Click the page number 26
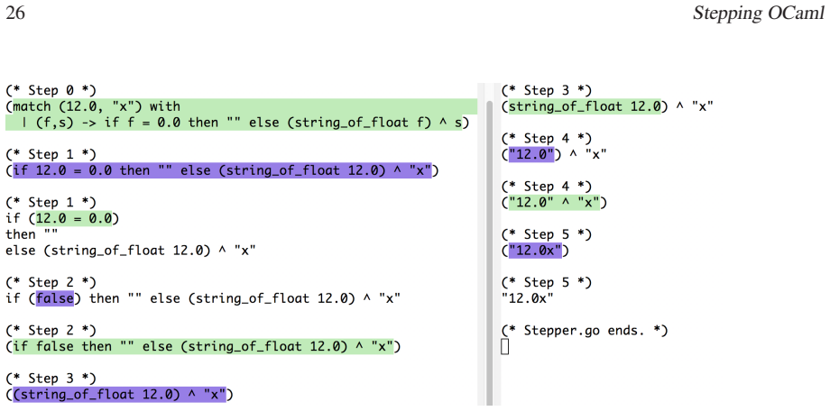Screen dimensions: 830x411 tap(15, 14)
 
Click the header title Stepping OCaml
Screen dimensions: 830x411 tap(759, 14)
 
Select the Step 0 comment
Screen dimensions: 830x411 tap(51, 90)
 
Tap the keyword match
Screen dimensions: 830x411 tap(32, 106)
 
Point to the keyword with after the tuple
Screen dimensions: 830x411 tap(164, 106)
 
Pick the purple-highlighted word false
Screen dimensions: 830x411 tap(54, 299)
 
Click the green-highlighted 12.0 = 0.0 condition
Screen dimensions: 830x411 tap(74, 218)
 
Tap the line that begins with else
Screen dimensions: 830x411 tap(131, 251)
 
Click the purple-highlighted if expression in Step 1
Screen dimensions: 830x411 tap(222, 170)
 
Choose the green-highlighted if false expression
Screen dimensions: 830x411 tap(203, 347)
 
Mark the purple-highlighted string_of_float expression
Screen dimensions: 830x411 tap(120, 395)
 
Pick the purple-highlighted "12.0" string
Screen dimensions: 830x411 tap(531, 154)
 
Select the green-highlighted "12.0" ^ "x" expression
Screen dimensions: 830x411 tap(554, 203)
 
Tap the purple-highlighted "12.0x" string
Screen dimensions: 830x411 tap(535, 251)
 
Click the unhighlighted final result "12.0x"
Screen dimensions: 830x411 tap(528, 299)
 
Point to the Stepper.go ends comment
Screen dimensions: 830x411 tap(585, 331)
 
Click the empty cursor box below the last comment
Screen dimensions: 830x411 tap(504, 347)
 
